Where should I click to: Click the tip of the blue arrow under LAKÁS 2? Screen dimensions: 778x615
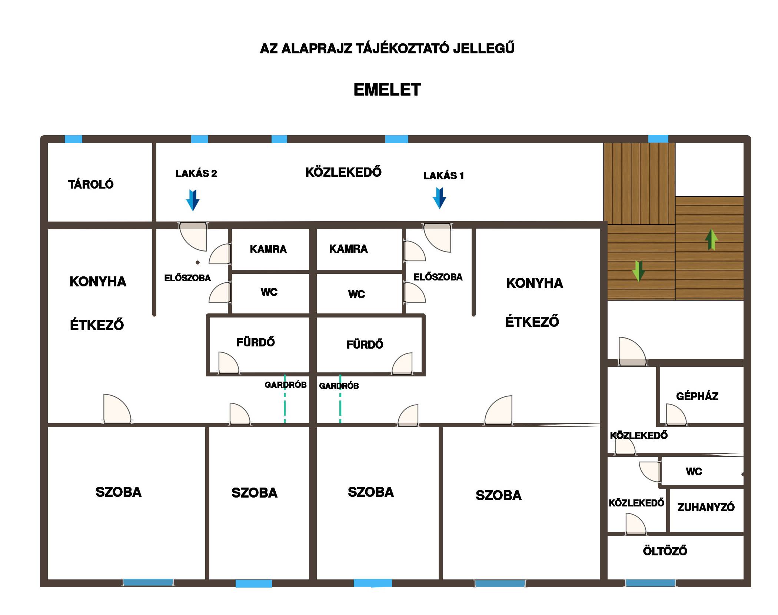pyautogui.click(x=193, y=211)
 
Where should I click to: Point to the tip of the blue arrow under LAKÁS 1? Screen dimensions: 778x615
pyautogui.click(x=439, y=209)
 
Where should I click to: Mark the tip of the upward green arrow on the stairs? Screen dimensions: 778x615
pyautogui.click(x=711, y=229)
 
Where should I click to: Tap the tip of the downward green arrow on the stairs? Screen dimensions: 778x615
pyautogui.click(x=638, y=281)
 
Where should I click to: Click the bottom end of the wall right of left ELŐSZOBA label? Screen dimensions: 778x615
pyautogui.click(x=154, y=315)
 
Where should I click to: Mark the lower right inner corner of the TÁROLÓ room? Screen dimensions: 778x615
pyautogui.click(x=152, y=222)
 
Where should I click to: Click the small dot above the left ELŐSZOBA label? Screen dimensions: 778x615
pyautogui.click(x=198, y=263)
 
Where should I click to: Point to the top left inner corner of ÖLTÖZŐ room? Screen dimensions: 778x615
pyautogui.click(x=608, y=536)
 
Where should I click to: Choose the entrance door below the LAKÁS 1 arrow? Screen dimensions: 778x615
pyautogui.click(x=437, y=237)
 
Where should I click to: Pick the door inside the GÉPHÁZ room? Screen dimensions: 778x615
pyautogui.click(x=676, y=415)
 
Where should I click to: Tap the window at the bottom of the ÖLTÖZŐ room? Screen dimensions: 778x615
pyautogui.click(x=650, y=583)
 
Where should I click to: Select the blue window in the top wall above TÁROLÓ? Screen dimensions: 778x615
pyautogui.click(x=73, y=139)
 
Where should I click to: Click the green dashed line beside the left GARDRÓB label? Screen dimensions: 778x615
pyautogui.click(x=285, y=399)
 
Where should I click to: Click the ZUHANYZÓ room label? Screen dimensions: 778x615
pyautogui.click(x=706, y=507)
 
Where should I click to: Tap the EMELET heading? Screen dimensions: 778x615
pyautogui.click(x=387, y=90)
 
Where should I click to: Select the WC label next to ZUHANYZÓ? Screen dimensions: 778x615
pyautogui.click(x=694, y=472)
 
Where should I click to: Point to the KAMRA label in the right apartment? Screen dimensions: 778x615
pyautogui.click(x=348, y=249)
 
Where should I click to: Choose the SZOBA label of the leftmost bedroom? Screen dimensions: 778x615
pyautogui.click(x=119, y=492)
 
